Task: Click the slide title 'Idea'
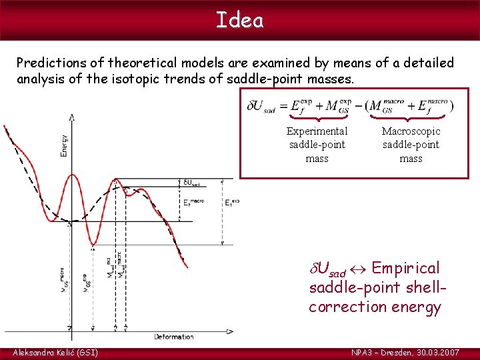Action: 240,20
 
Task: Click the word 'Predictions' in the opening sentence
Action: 54,63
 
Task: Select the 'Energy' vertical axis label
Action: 64,143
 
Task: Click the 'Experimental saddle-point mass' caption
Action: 317,145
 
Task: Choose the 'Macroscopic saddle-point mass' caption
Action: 411,145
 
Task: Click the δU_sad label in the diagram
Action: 191,183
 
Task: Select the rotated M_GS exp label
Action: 85,283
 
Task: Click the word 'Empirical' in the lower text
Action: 405,268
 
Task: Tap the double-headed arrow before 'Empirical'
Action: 359,269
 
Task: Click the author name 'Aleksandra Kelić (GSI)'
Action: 55,352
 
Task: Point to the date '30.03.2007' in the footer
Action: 435,352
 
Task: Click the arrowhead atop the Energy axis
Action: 71,117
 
